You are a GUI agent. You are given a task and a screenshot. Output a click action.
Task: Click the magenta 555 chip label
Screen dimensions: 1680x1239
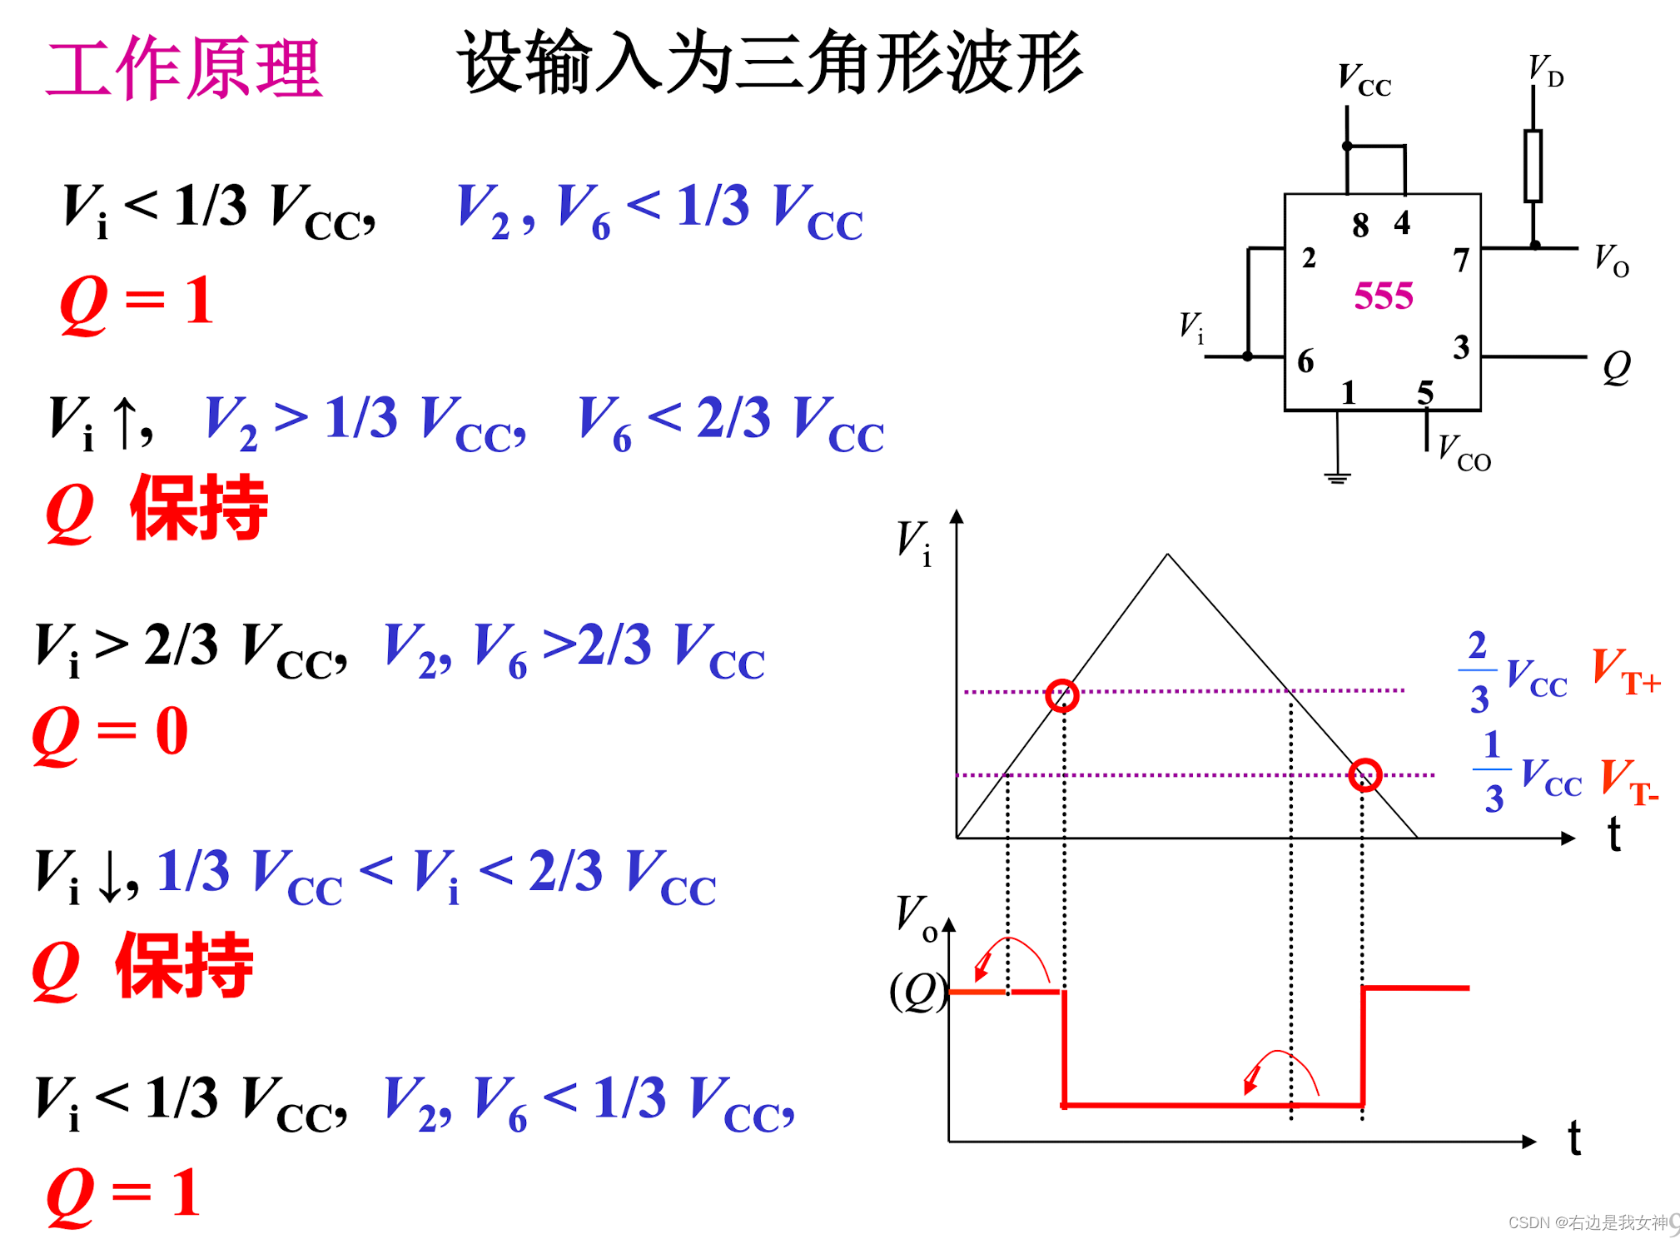pos(1383,296)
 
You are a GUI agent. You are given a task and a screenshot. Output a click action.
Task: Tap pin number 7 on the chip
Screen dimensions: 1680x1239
pos(1461,260)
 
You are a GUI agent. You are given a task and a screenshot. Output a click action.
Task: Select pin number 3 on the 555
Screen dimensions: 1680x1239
pos(1461,347)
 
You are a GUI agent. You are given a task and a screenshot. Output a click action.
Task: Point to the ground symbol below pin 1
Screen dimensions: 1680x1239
pos(1337,477)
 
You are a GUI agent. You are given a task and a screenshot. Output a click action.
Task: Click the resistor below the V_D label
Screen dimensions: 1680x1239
pos(1533,166)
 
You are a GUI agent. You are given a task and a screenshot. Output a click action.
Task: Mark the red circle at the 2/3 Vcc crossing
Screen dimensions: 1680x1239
pos(1062,695)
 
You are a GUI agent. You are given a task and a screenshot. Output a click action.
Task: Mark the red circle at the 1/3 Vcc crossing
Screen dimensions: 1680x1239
pos(1365,775)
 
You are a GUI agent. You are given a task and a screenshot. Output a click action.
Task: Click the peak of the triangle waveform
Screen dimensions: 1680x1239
pos(1167,555)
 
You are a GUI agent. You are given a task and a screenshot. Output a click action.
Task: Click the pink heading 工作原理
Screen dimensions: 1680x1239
pos(183,68)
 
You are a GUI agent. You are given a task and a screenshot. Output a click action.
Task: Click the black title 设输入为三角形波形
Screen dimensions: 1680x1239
pos(769,62)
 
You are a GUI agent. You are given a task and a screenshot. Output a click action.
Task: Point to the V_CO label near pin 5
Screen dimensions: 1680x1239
pos(1464,453)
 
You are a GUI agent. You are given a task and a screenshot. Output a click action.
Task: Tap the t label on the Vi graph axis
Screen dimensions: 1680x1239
pos(1614,833)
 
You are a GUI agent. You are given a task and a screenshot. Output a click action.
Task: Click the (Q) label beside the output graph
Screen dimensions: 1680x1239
pos(918,991)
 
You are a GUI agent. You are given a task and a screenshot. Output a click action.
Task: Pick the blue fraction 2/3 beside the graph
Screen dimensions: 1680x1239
pos(1478,671)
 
